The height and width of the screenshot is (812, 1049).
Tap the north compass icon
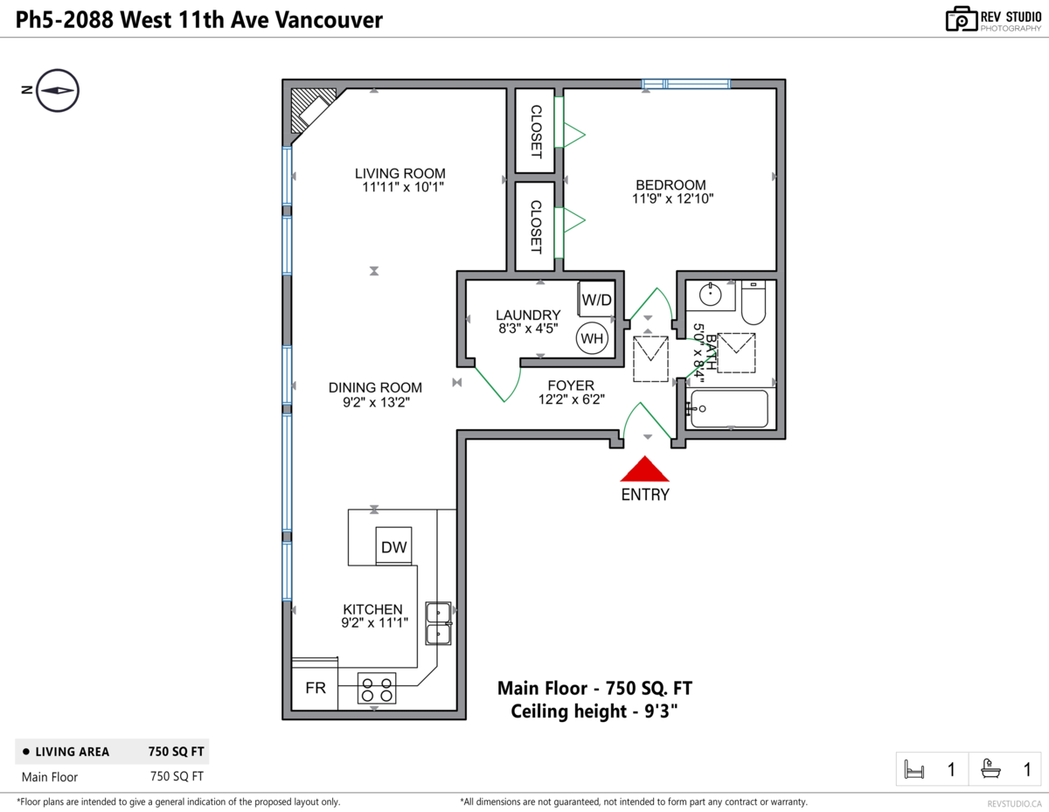[x=58, y=90]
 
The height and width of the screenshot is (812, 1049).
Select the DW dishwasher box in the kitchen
[x=393, y=547]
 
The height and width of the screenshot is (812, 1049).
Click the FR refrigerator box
[x=316, y=689]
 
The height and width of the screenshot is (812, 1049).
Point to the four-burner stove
[x=377, y=689]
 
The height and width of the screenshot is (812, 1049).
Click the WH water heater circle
[x=592, y=338]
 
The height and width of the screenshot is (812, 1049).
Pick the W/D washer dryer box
[x=597, y=300]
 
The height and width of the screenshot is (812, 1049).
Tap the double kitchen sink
[x=438, y=622]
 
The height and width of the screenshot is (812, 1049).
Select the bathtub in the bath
[x=729, y=408]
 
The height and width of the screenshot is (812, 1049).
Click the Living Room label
[x=399, y=173]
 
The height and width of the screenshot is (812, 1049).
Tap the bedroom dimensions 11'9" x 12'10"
[x=673, y=199]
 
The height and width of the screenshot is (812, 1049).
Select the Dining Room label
[x=375, y=387]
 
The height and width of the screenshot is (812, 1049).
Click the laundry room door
[x=492, y=385]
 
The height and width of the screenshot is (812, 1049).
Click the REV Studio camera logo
[x=961, y=18]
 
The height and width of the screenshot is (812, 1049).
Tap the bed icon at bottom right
[x=914, y=770]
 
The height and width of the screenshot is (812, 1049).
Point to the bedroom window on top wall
[x=686, y=84]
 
